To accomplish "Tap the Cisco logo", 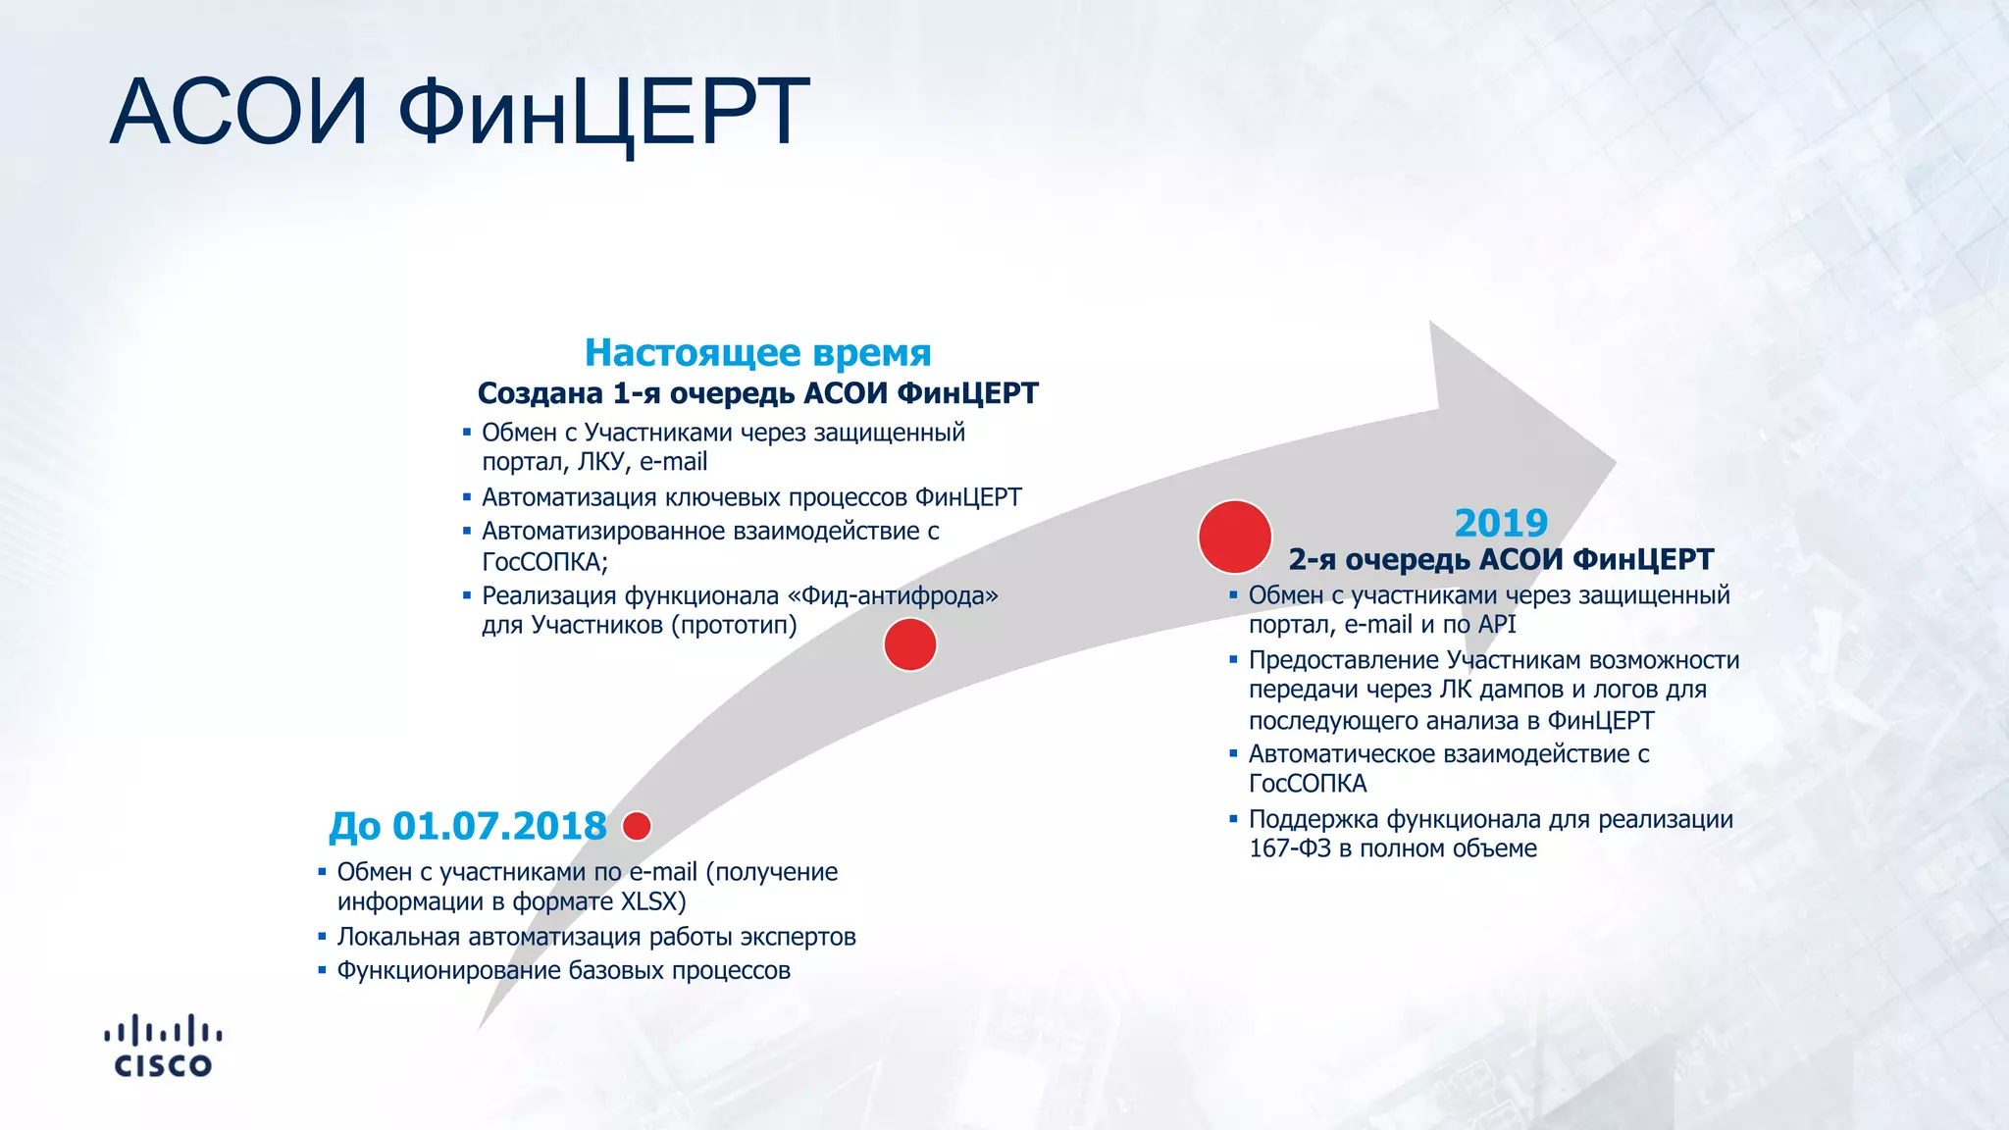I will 163,1046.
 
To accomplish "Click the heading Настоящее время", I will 757,352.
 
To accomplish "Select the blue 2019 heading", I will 1500,523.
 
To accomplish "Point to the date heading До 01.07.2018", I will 468,826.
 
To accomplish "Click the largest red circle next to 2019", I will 1234,537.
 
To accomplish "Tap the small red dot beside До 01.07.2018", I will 637,826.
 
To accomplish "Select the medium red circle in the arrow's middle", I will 909,644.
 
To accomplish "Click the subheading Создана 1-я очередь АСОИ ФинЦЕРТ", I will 757,393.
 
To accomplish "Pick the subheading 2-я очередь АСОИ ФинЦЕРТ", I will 1500,559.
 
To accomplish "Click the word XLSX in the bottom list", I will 649,901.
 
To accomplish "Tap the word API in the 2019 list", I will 1497,625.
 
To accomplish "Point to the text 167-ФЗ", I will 1290,848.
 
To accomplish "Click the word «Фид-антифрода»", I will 893,595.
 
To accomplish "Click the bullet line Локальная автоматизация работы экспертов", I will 595,937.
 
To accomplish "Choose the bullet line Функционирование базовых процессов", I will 563,970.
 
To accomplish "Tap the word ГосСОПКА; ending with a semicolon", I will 544,562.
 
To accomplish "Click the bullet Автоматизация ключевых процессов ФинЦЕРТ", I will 751,497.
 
